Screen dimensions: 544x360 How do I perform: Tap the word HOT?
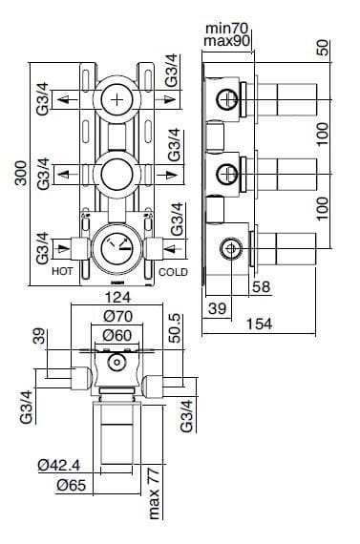coord(62,272)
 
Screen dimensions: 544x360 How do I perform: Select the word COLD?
coord(174,272)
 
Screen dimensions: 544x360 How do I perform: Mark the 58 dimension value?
coord(261,286)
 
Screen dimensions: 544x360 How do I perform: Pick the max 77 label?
coord(154,496)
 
